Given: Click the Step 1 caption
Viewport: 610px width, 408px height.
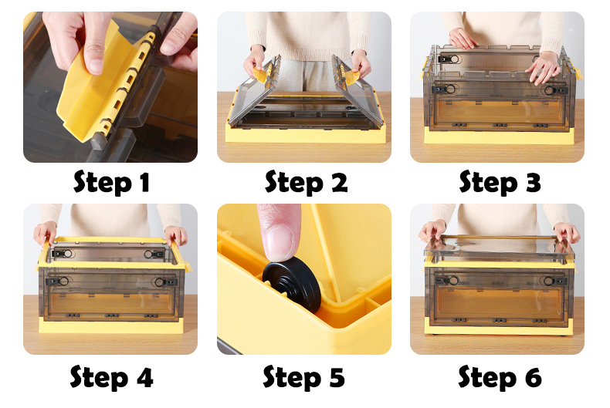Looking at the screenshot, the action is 111,182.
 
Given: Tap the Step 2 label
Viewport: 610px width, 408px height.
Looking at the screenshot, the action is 307,182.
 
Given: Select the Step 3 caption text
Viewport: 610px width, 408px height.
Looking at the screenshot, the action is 500,182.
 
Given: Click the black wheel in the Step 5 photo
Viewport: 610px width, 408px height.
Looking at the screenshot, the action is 292,284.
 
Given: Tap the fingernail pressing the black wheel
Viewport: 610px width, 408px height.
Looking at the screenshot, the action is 279,243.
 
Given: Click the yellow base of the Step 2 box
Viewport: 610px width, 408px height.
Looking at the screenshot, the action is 306,133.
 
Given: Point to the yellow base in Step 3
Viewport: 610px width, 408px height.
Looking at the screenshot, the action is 499,137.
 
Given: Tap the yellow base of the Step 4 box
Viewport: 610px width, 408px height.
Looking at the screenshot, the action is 111,326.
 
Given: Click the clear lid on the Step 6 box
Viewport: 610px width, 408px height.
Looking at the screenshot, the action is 499,248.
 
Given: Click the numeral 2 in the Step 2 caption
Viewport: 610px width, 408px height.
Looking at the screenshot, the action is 339,182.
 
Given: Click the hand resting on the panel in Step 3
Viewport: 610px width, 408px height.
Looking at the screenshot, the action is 543,67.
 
